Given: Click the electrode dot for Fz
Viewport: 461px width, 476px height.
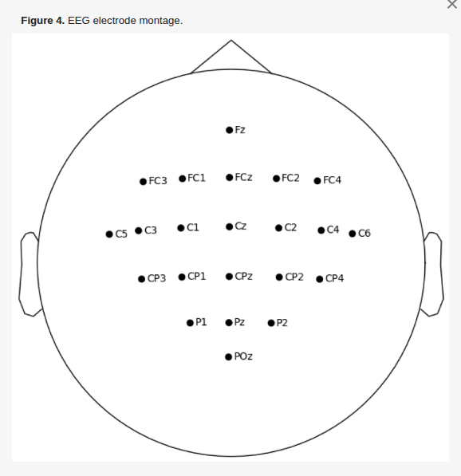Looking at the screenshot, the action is tap(229, 130).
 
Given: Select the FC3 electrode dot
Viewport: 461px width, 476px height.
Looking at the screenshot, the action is tap(143, 182).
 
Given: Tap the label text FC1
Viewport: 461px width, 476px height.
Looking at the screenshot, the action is tap(196, 178).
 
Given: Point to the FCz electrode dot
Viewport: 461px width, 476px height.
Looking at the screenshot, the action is tap(230, 178).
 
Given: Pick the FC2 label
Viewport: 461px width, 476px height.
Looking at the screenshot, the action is tap(290, 178).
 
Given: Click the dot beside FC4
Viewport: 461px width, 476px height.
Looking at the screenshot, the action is tap(317, 181).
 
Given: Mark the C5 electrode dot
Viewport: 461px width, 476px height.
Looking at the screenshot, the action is tap(109, 234).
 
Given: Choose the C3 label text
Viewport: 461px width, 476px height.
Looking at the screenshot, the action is tap(151, 230).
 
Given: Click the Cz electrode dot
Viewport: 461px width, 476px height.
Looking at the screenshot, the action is tap(229, 226).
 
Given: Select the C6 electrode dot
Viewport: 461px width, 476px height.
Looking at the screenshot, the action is tap(353, 234).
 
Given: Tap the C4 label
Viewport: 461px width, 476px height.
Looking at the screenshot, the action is tap(333, 230).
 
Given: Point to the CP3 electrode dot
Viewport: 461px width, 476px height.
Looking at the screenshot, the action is tap(141, 279).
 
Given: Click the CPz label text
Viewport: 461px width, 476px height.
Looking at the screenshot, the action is tap(243, 277).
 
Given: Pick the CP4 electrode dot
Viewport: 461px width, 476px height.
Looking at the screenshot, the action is tap(320, 279).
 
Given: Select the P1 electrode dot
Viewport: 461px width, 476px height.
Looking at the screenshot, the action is tap(190, 323).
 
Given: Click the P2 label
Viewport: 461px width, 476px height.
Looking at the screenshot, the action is tap(282, 323).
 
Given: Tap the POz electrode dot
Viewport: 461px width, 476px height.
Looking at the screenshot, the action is tap(229, 357).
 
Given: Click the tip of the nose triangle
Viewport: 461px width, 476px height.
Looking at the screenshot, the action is tap(231, 40).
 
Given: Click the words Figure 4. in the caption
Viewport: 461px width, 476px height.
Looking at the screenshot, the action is tap(42, 21).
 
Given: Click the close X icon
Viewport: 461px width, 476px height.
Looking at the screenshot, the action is tap(452, 4).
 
